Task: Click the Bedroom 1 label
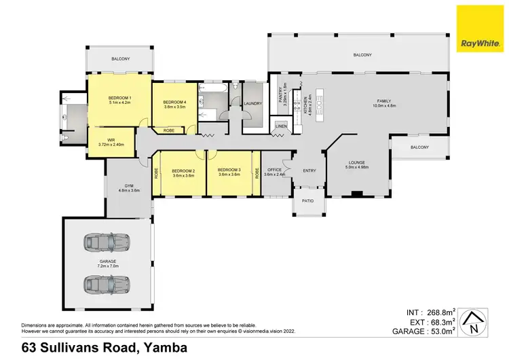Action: (119, 98)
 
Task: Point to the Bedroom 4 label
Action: (174, 101)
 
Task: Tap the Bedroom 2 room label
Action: (183, 170)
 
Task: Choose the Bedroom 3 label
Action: (229, 170)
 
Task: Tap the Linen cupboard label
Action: (280, 126)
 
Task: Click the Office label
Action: (274, 170)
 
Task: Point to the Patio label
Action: (308, 201)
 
